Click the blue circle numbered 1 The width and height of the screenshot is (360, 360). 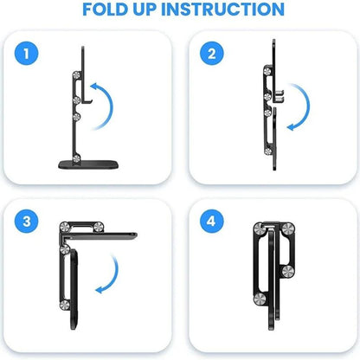(x=31, y=55)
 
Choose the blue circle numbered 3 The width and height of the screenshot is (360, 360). (x=31, y=221)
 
